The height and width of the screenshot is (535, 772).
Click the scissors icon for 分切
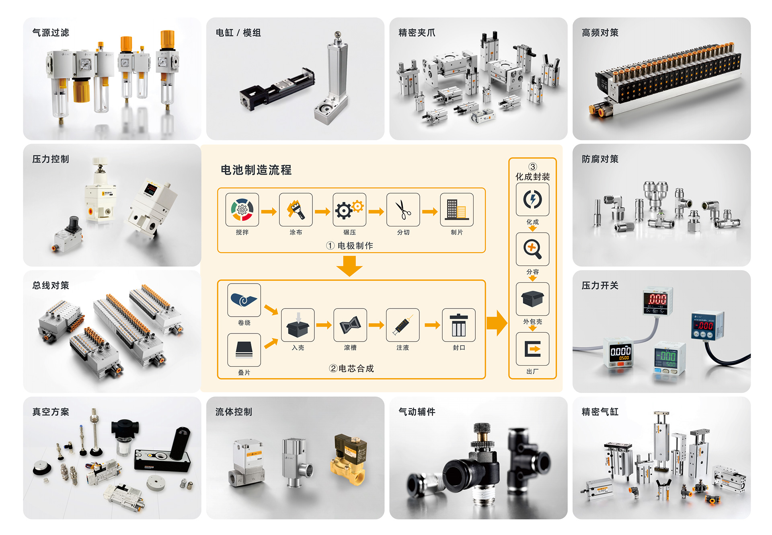(403, 210)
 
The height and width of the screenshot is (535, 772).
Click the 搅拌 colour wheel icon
(242, 210)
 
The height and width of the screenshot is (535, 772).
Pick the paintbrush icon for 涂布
(296, 210)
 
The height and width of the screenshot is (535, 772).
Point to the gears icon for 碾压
(349, 210)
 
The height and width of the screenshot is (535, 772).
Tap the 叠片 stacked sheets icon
(244, 349)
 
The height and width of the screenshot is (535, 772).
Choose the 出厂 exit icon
(532, 349)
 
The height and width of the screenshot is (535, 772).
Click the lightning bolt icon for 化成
(532, 199)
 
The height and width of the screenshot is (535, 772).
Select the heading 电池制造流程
(256, 170)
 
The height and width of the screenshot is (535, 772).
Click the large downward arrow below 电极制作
(349, 266)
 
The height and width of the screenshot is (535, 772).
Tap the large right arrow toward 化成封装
(497, 323)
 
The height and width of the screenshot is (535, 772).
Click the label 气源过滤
(51, 33)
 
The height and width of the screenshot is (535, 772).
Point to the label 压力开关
(600, 285)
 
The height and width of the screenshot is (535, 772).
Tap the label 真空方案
(51, 412)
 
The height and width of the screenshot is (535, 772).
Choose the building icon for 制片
(456, 210)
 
